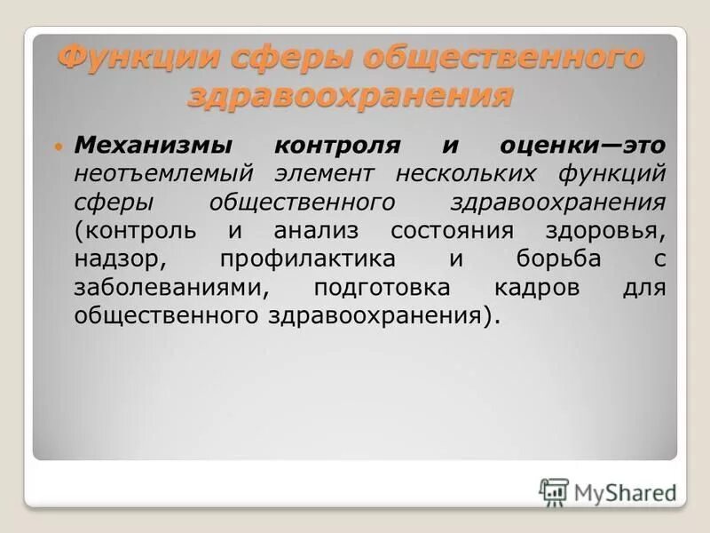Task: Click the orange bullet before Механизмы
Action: click(x=59, y=144)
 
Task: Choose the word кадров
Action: click(x=541, y=288)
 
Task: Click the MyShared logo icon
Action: click(x=554, y=490)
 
